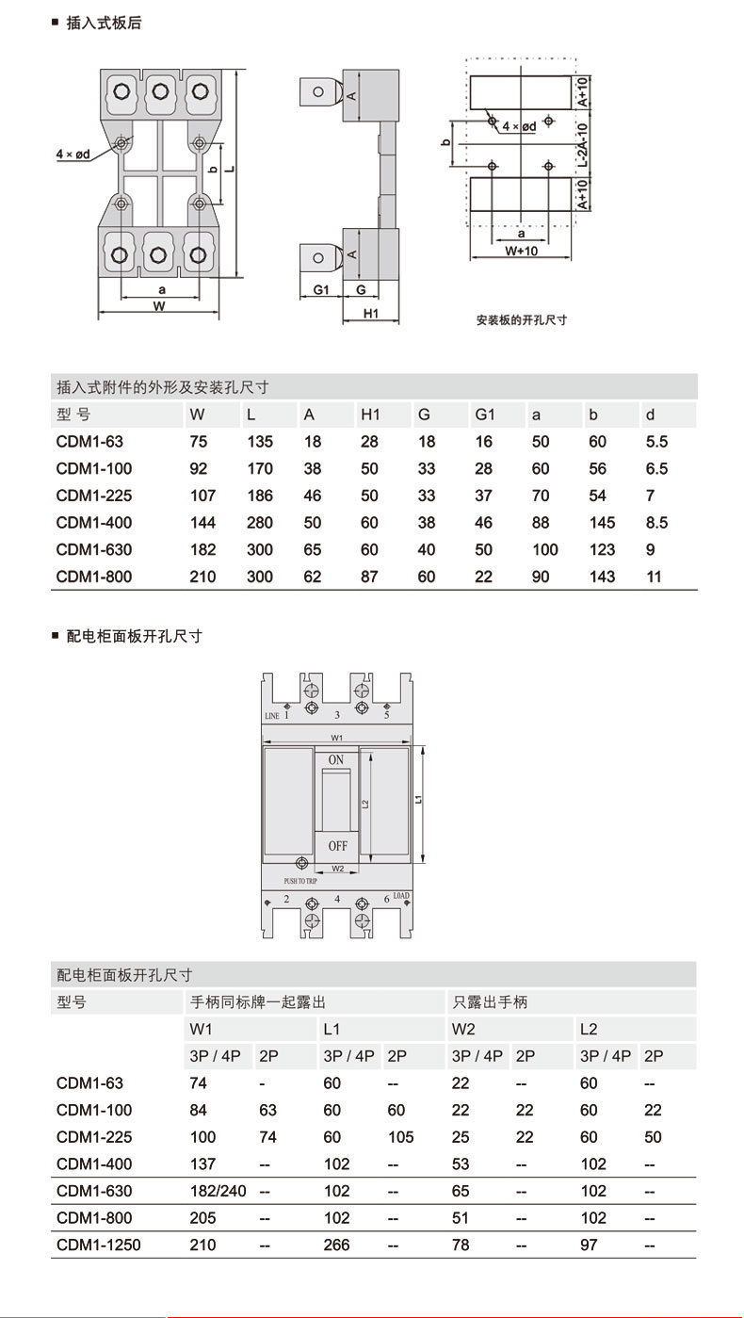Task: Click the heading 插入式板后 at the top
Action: [x=104, y=23]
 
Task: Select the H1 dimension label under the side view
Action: [x=370, y=315]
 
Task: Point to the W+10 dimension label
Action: [x=521, y=252]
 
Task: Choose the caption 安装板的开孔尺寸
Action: [x=522, y=320]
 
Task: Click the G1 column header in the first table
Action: [x=485, y=415]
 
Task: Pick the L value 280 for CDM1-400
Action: [x=260, y=523]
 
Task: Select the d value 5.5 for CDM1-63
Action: [x=656, y=442]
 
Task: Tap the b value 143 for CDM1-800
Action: [x=602, y=577]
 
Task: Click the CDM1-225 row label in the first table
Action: [x=94, y=496]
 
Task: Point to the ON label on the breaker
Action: [x=336, y=760]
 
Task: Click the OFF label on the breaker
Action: [x=337, y=846]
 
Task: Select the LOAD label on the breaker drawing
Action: [x=401, y=895]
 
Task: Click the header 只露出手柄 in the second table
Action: [x=491, y=1002]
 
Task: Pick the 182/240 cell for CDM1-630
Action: [x=218, y=1191]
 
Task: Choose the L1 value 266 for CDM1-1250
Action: [x=336, y=1245]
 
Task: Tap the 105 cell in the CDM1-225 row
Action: [x=400, y=1137]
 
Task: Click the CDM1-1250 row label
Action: [x=98, y=1245]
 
